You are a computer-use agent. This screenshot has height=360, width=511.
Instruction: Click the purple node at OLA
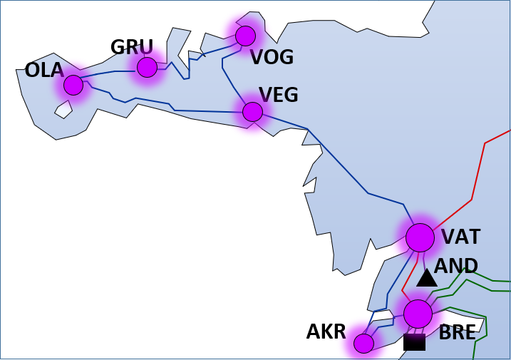click(73, 85)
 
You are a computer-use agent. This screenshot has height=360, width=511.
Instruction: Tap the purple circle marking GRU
click(147, 67)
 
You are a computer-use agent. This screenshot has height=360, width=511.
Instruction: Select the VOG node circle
click(245, 36)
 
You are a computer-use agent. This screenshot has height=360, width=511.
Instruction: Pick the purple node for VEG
click(252, 111)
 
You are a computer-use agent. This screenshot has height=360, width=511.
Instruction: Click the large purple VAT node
click(420, 237)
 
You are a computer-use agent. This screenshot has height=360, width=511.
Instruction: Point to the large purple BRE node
click(418, 314)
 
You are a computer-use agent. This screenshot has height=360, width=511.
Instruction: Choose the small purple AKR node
click(363, 344)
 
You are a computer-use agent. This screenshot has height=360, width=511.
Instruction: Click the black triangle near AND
click(426, 279)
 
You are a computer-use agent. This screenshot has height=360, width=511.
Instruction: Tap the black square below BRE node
click(414, 342)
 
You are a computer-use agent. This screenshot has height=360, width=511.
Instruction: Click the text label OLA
click(44, 70)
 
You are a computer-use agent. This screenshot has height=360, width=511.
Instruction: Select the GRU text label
click(132, 48)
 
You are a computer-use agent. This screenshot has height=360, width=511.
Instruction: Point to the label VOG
click(272, 58)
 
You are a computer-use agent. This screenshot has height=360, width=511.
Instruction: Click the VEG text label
click(278, 95)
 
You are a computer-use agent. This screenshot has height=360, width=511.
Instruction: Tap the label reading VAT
click(460, 237)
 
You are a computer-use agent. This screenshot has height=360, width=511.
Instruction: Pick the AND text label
click(456, 266)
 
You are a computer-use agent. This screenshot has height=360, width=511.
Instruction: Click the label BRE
click(457, 332)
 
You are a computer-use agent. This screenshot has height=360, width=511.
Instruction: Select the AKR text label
click(326, 331)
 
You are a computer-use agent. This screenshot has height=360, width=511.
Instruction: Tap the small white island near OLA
click(63, 110)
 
